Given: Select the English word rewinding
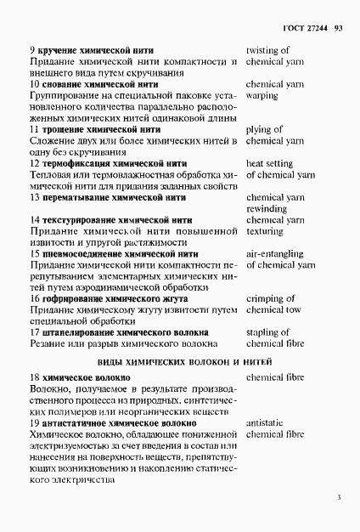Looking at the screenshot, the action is click(x=266, y=208).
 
